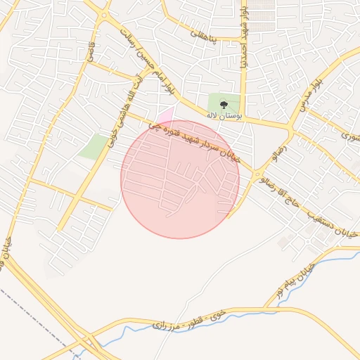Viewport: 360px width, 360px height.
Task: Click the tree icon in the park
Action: (x=224, y=105)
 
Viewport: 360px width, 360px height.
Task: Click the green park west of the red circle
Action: (x=94, y=146)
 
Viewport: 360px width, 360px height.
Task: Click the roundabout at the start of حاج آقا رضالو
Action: (x=258, y=174)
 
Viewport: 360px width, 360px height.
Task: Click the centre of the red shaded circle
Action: (x=181, y=179)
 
